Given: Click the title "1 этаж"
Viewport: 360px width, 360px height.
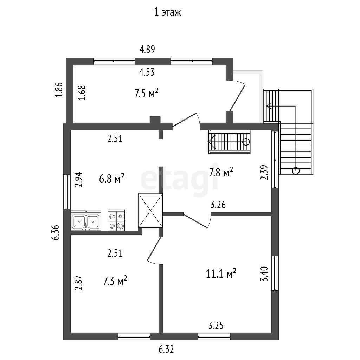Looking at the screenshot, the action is pyautogui.click(x=167, y=12).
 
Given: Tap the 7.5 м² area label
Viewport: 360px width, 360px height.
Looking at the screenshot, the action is pyautogui.click(x=147, y=93).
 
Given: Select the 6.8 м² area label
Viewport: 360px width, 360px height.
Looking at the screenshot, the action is pyautogui.click(x=112, y=178).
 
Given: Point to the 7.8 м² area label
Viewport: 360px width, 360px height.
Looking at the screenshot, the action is pyautogui.click(x=221, y=172).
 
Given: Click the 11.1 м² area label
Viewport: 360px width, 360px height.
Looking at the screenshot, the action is pyautogui.click(x=221, y=273).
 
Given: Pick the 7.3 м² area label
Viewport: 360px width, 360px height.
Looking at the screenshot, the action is pyautogui.click(x=115, y=281).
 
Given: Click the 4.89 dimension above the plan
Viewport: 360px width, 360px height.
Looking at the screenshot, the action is pyautogui.click(x=147, y=49).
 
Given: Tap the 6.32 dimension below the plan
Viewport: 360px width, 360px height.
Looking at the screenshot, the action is pyautogui.click(x=166, y=349).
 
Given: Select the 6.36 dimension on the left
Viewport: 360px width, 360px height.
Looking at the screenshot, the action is pyautogui.click(x=55, y=232).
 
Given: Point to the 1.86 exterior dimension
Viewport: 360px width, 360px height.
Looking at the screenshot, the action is pyautogui.click(x=59, y=90).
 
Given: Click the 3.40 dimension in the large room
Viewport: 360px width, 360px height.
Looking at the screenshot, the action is pyautogui.click(x=264, y=274).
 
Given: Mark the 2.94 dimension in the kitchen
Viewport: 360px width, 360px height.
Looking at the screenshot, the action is pyautogui.click(x=78, y=180).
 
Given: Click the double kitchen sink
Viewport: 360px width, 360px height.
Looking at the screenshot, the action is pyautogui.click(x=86, y=221).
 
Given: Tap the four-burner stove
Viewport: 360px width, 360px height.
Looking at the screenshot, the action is pyautogui.click(x=116, y=220).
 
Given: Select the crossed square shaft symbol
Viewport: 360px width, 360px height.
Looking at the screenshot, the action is pyautogui.click(x=150, y=211).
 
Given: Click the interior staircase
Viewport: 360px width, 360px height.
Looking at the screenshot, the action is pyautogui.click(x=229, y=142).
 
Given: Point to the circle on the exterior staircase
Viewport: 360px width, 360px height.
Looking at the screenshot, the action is pyautogui.click(x=296, y=171).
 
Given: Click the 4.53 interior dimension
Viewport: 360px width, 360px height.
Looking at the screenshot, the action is pyautogui.click(x=147, y=72).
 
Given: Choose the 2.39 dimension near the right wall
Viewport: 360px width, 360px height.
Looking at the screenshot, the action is pyautogui.click(x=264, y=172).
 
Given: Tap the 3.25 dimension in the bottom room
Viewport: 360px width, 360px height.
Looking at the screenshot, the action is pyautogui.click(x=216, y=325).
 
